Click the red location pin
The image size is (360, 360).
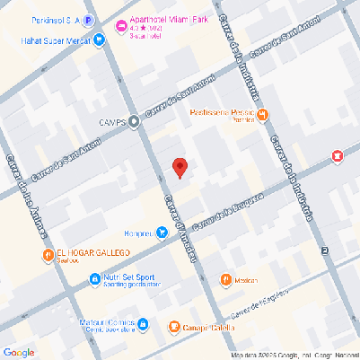coord(180,167)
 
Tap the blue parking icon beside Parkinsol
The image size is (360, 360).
coord(88,19)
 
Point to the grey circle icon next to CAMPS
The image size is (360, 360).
coord(134,122)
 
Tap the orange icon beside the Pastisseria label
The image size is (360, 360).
coord(263,114)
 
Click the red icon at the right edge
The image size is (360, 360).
coord(338,157)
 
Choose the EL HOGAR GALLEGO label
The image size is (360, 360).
coord(95,253)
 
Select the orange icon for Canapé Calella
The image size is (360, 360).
coord(175,328)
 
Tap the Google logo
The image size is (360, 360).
coord(19,351)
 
